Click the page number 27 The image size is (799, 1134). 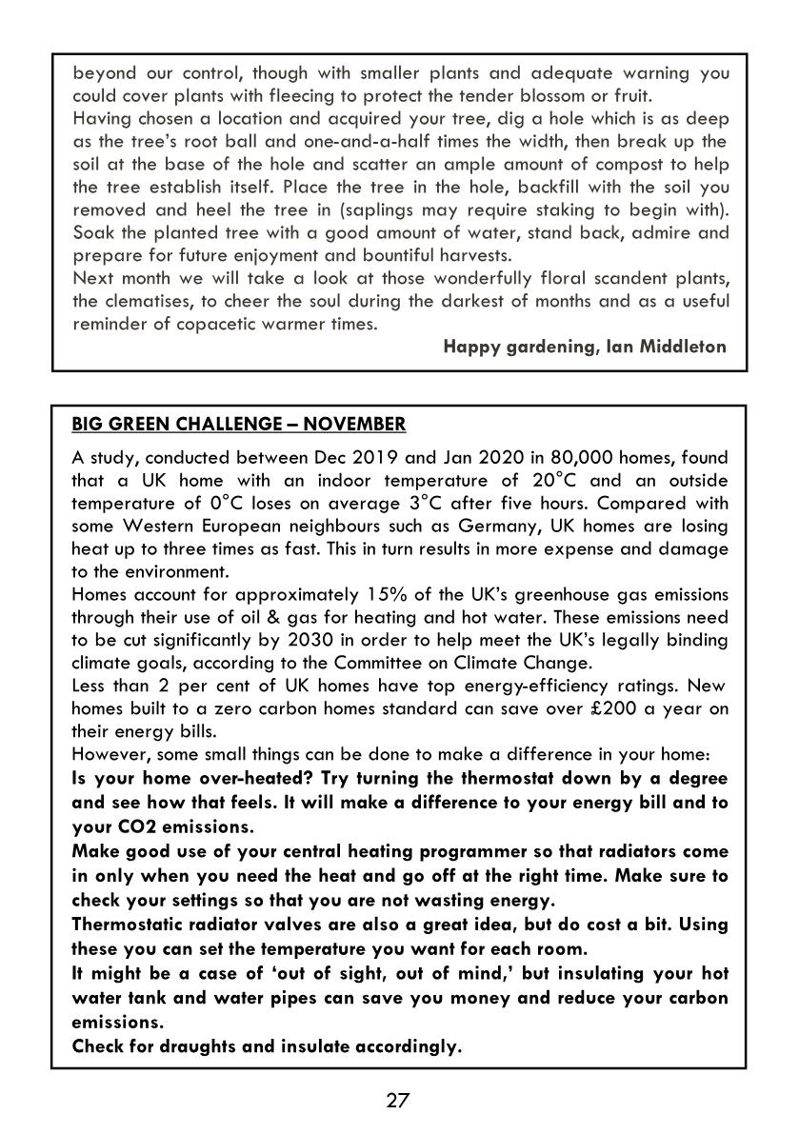398,1101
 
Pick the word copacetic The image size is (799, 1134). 229,325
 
